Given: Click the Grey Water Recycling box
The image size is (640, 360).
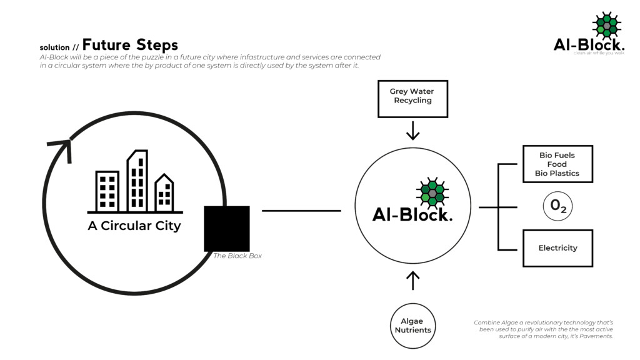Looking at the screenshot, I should pos(412,99).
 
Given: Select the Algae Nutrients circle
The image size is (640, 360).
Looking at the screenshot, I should pos(412,326).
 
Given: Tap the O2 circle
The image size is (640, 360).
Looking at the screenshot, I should pos(557,207).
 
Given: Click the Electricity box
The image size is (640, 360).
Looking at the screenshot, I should pos(557,248).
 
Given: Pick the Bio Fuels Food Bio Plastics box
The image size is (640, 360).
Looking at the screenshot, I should pos(557,164).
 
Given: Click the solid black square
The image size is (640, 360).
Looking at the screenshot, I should pos(227,228).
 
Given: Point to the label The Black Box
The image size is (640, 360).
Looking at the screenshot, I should pos(237,256).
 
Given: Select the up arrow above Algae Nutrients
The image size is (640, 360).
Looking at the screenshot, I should pos(412,280).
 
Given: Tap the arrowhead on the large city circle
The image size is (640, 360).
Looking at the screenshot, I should pos(61,149).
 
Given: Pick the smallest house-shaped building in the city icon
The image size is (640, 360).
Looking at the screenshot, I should pos(164,193).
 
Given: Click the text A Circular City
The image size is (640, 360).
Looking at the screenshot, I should pos(134,226).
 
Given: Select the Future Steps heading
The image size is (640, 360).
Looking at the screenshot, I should pos(130,45).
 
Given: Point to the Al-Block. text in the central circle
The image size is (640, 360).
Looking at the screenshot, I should pos(412,214).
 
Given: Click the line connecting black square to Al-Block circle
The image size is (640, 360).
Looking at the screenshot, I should pos(301,211).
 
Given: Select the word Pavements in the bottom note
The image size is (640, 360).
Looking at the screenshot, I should pos(595,336).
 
